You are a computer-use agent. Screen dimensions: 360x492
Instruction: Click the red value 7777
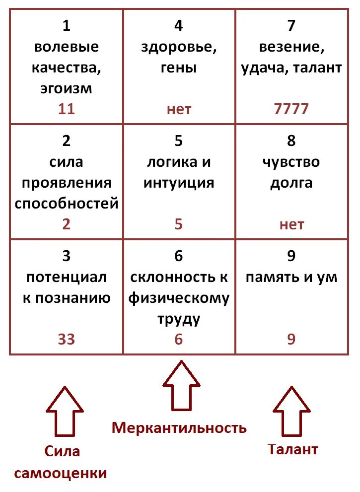[291, 109]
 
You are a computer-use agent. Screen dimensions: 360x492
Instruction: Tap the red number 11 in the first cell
[66, 109]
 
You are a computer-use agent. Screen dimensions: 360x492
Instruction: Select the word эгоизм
[66, 89]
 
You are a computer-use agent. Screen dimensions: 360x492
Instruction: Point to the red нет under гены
[179, 109]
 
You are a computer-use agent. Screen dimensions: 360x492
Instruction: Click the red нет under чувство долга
[291, 224]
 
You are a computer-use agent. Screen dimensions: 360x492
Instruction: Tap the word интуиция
[179, 183]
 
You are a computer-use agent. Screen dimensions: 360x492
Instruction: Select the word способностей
[67, 203]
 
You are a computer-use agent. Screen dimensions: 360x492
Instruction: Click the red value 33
[66, 339]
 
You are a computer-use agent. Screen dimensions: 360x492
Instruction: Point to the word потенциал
[66, 277]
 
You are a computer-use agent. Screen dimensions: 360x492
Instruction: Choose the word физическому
[179, 298]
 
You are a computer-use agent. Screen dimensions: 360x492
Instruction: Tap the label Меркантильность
[179, 427]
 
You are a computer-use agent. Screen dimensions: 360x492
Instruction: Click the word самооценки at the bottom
[61, 473]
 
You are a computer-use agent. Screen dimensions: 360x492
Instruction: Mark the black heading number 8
[291, 141]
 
